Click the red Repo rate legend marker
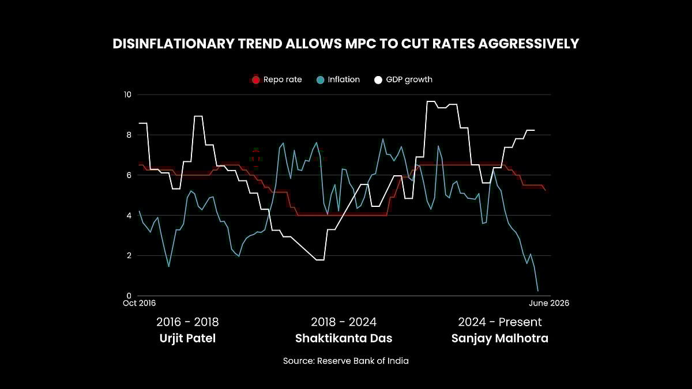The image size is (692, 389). click(256, 80)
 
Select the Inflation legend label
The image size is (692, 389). click(344, 80)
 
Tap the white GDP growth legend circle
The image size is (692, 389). click(378, 80)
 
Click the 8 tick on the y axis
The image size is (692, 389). click(129, 135)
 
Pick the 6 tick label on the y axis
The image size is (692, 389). click(129, 175)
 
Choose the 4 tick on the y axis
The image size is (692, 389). click(129, 216)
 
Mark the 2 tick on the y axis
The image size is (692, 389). click(129, 255)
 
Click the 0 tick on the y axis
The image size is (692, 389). click(129, 296)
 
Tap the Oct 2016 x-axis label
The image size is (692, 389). click(140, 303)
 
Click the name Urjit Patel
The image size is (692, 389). click(187, 338)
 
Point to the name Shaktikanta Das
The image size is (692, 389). click(344, 338)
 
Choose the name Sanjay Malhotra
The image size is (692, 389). click(499, 338)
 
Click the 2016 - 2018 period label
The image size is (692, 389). click(187, 322)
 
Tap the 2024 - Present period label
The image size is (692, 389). click(499, 322)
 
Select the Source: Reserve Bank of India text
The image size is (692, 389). click(345, 361)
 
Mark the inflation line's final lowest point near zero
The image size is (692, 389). click(538, 291)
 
